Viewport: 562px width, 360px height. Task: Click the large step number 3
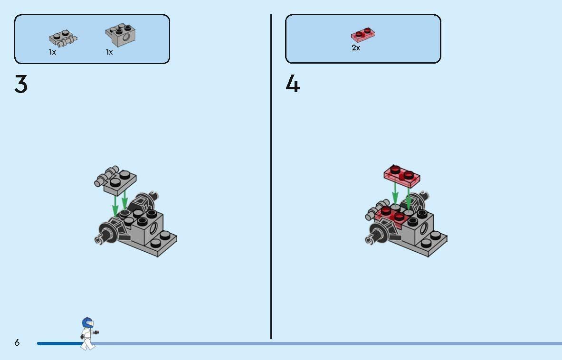point(21,84)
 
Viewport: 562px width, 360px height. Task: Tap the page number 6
point(17,342)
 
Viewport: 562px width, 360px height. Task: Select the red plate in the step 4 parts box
point(363,35)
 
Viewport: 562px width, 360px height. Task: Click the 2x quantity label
point(356,47)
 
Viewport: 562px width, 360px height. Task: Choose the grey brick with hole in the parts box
point(121,35)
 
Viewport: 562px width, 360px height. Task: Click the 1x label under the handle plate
point(53,52)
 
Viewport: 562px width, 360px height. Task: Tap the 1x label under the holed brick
point(109,52)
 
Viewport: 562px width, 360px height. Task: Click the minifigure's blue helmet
point(87,322)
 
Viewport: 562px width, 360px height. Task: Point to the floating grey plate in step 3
point(115,180)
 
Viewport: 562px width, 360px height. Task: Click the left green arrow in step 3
point(115,206)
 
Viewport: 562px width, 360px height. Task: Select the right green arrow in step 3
point(124,200)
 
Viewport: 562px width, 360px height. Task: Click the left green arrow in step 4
point(395,194)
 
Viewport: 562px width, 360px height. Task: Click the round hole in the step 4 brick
point(424,228)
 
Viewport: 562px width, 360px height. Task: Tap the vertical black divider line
point(271,177)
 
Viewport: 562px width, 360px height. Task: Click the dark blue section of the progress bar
point(60,343)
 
